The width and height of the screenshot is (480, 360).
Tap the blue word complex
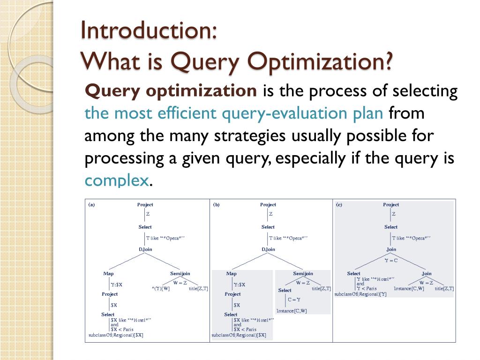pyautogui.click(x=117, y=180)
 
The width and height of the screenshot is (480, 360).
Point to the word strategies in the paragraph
pyautogui.click(x=250, y=136)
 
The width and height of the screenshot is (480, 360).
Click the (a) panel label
pyautogui.click(x=92, y=204)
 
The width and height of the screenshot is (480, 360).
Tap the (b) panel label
pyautogui.click(x=216, y=204)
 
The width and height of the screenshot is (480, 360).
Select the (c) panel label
pyautogui.click(x=339, y=204)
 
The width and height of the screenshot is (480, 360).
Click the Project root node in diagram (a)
pyautogui.click(x=145, y=204)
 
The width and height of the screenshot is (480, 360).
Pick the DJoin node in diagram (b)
pyautogui.click(x=268, y=249)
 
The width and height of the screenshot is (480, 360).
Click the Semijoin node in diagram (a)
pyautogui.click(x=180, y=273)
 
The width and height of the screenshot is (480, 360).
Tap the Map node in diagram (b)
pyautogui.click(x=231, y=273)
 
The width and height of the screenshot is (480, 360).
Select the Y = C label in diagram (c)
pyautogui.click(x=391, y=260)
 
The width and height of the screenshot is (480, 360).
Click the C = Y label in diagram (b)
pyautogui.click(x=294, y=300)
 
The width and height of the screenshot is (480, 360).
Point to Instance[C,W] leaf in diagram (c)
pyautogui.click(x=409, y=288)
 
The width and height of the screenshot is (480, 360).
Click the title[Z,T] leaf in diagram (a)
pyautogui.click(x=198, y=288)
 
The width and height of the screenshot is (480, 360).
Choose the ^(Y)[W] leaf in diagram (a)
pyautogui.click(x=160, y=288)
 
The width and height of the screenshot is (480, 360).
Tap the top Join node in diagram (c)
pyautogui.click(x=391, y=249)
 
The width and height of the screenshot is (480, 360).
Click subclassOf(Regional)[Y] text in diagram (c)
pyautogui.click(x=360, y=294)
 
